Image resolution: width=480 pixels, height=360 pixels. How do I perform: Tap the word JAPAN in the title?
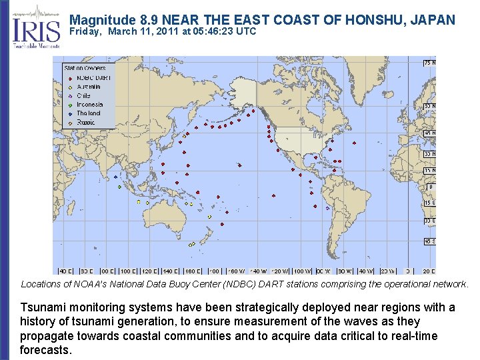(x=433, y=20)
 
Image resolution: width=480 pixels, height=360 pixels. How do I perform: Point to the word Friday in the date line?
(x=85, y=31)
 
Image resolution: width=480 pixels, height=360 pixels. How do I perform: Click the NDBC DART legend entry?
(x=93, y=78)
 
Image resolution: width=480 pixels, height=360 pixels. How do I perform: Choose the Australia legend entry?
(x=89, y=87)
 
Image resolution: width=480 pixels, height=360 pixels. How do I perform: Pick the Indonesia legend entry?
(x=89, y=105)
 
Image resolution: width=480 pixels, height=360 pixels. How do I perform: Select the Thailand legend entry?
(x=88, y=113)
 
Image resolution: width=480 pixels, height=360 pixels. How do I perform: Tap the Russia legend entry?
(x=85, y=123)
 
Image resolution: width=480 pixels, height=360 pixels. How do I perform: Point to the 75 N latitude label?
(x=429, y=63)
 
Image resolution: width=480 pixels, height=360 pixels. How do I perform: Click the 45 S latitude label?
(x=429, y=241)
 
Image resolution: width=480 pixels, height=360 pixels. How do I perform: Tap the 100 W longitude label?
(x=302, y=271)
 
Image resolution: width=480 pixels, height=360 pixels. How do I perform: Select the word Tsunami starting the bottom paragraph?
(x=41, y=307)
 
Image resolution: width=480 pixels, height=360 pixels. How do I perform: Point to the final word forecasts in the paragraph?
(x=45, y=350)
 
